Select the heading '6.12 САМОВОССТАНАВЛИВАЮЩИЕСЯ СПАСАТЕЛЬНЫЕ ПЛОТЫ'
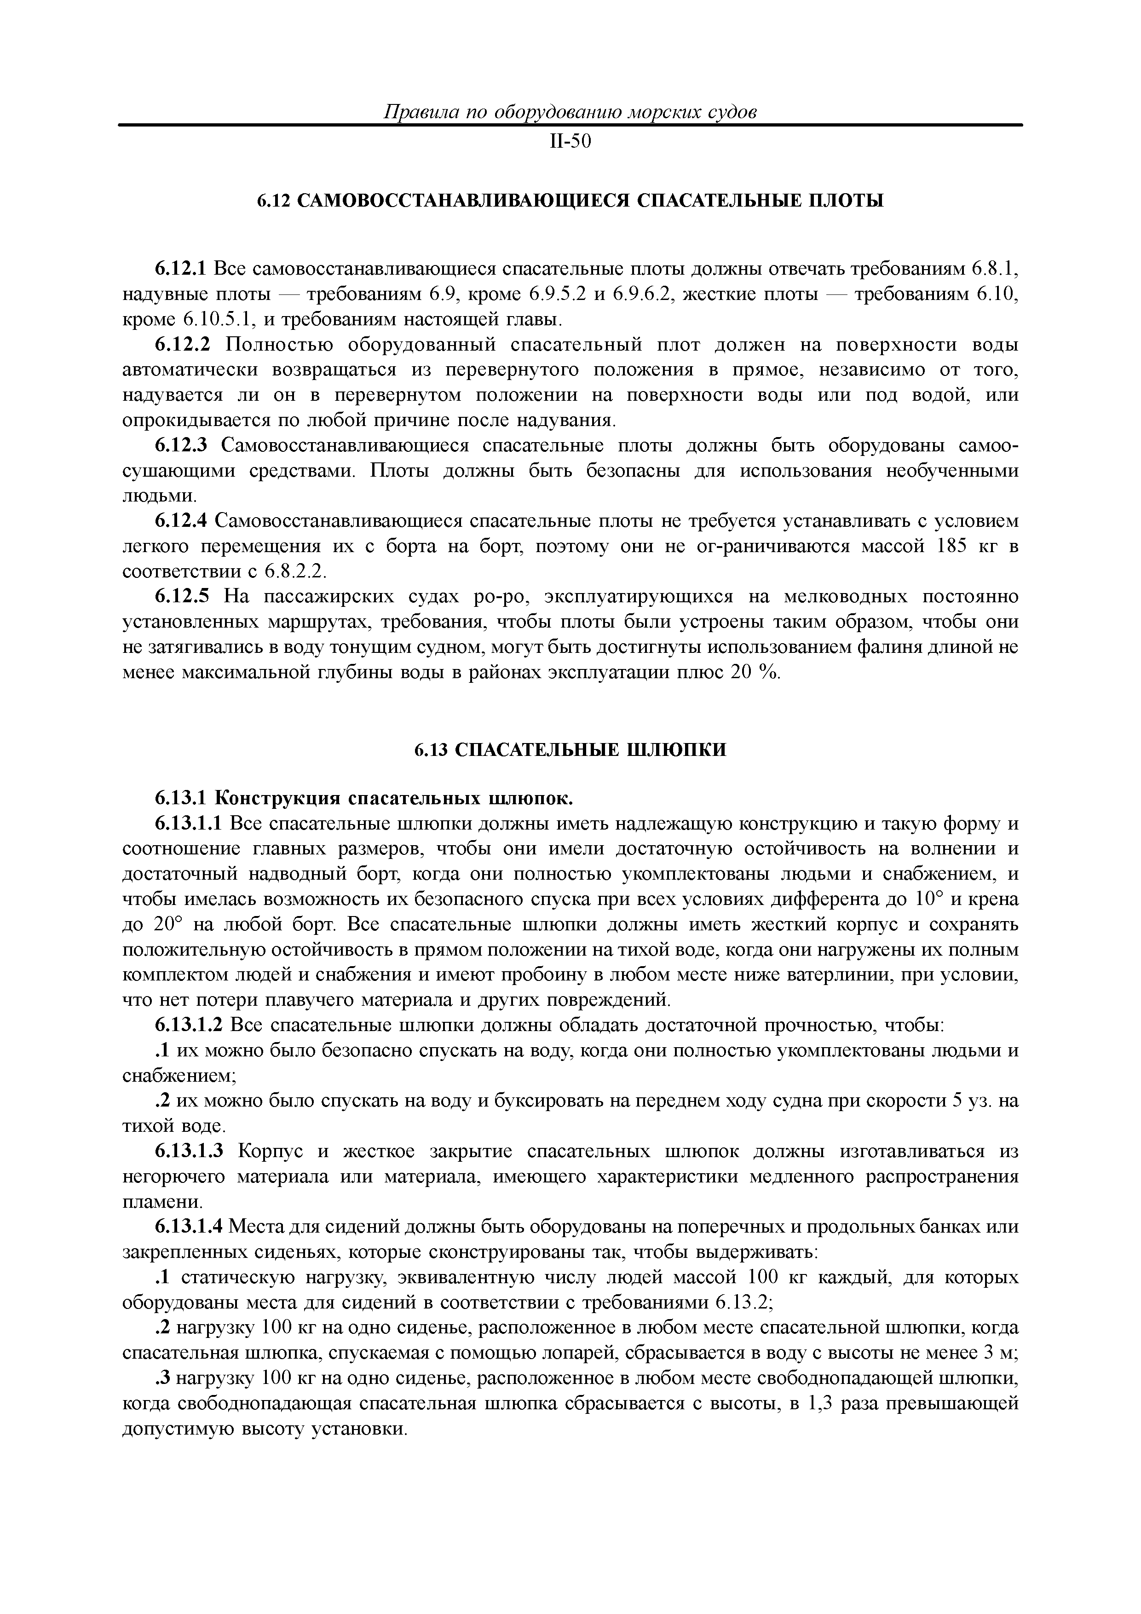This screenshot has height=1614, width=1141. click(570, 201)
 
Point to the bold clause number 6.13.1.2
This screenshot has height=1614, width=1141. click(189, 1026)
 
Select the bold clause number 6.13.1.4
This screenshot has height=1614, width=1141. click(189, 1229)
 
